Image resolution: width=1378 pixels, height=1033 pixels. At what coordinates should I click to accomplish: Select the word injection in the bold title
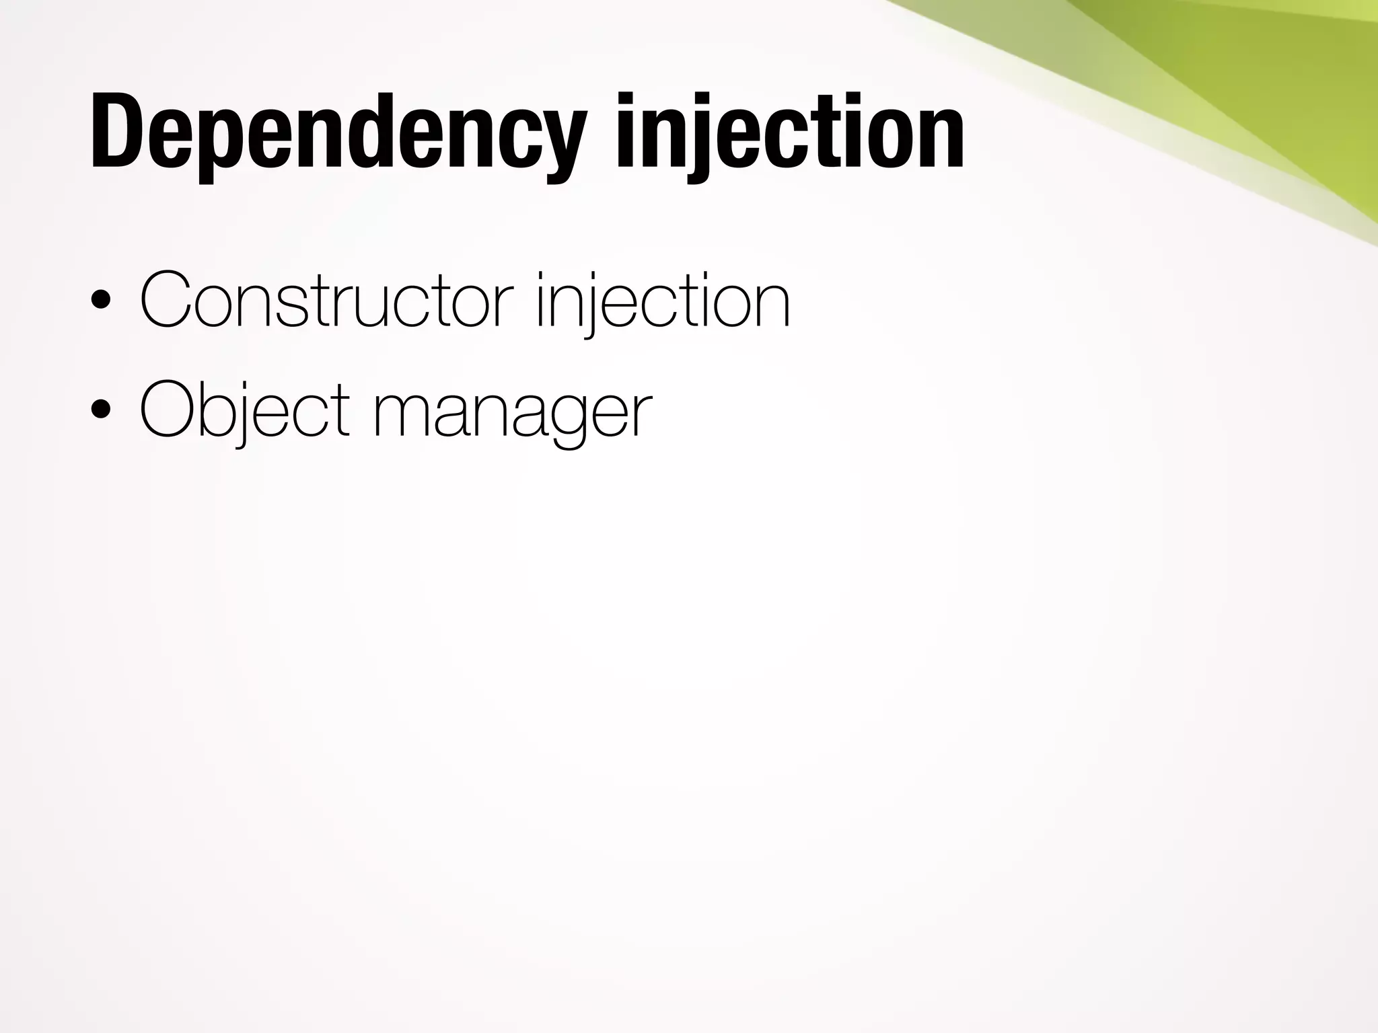(x=790, y=135)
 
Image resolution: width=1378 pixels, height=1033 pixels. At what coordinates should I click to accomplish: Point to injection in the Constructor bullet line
(x=662, y=301)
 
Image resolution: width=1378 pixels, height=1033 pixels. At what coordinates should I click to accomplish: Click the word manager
(x=511, y=412)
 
